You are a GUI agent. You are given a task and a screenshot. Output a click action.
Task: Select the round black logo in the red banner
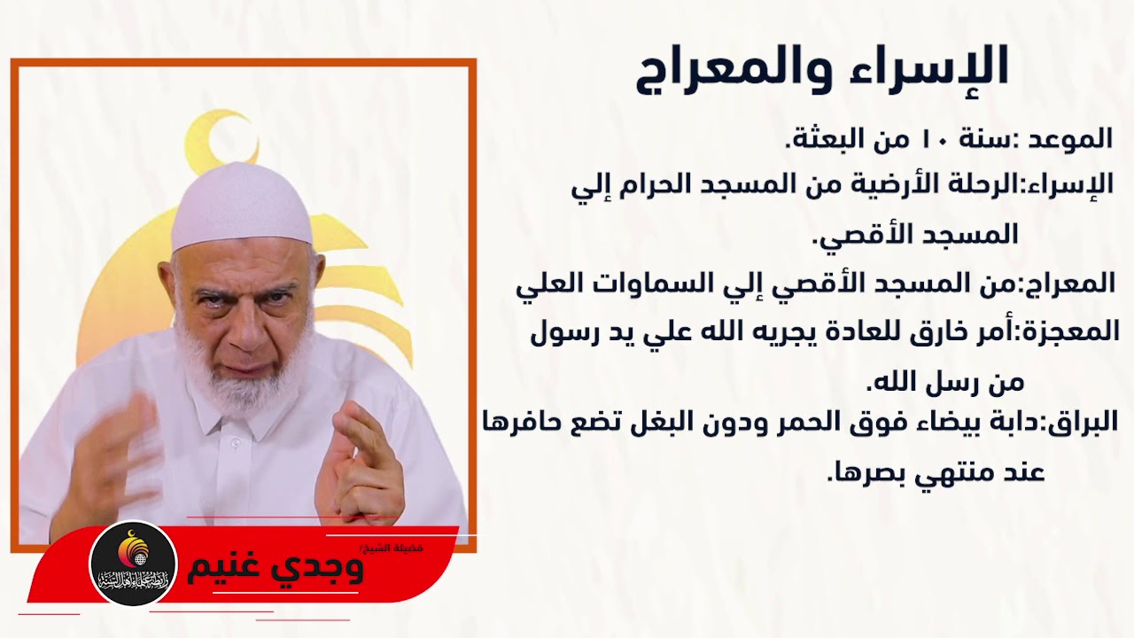(134, 564)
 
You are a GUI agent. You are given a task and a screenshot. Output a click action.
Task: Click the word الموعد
(1071, 138)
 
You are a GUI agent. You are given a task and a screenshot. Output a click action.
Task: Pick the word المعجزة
(1073, 331)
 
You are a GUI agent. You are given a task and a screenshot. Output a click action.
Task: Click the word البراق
(1084, 423)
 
